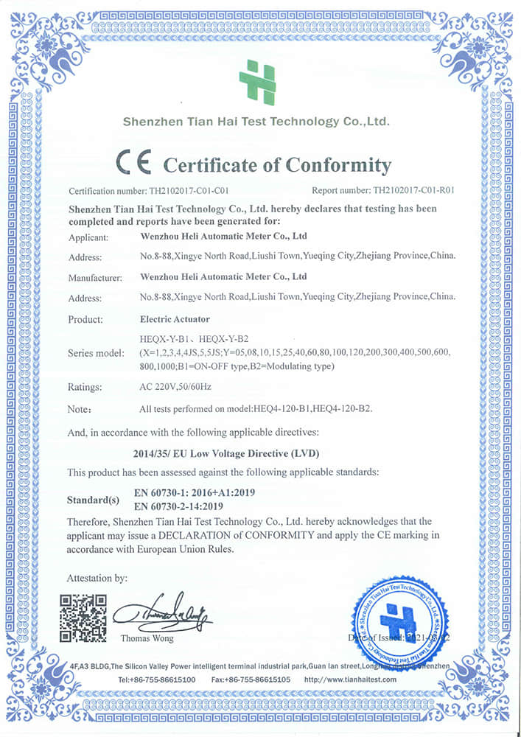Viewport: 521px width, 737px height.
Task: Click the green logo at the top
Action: tap(257, 82)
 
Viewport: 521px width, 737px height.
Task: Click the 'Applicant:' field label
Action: tap(88, 237)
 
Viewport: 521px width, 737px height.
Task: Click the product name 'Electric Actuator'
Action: tap(174, 320)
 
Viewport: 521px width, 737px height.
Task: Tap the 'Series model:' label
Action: tap(97, 353)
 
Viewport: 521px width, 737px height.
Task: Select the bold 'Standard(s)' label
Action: tap(93, 500)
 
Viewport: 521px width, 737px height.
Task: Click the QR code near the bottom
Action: tap(83, 618)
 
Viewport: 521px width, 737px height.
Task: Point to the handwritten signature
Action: tap(162, 612)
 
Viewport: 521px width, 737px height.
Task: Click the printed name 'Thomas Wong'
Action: tap(146, 638)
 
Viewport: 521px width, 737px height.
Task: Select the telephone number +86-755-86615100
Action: tap(156, 680)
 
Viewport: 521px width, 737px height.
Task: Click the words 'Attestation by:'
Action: tap(97, 578)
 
